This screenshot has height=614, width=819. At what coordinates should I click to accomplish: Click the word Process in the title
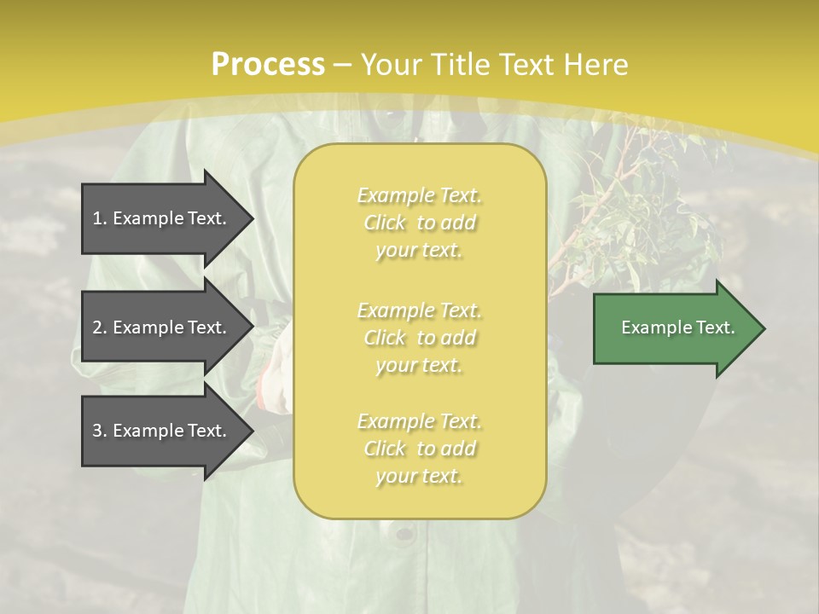tap(268, 65)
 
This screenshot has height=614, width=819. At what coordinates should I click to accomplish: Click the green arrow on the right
tap(674, 328)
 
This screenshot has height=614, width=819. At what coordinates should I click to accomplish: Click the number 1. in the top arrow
tap(100, 218)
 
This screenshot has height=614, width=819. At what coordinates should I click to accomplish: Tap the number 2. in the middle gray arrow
tap(100, 327)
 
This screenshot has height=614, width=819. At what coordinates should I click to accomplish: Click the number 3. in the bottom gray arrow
tap(100, 431)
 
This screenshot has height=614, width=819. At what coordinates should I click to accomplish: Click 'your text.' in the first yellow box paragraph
tap(419, 251)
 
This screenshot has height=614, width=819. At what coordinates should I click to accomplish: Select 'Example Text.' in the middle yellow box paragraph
tap(419, 310)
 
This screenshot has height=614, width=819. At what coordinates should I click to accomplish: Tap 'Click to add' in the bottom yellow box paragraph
tap(419, 449)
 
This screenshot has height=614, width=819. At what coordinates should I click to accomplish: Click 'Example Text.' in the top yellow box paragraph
tap(419, 196)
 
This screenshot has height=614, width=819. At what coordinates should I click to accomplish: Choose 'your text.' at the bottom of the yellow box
tap(419, 477)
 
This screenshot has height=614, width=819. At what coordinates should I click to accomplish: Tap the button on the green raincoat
tap(401, 535)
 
